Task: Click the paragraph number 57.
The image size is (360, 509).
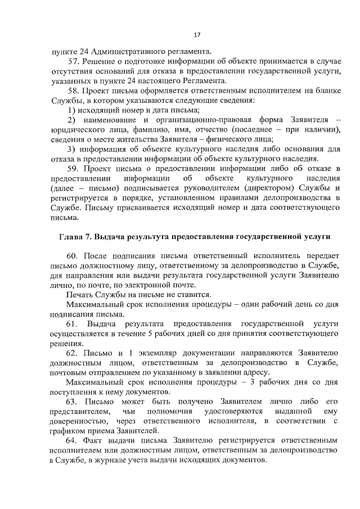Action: pyautogui.click(x=74, y=60)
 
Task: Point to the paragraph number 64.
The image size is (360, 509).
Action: pyautogui.click(x=73, y=439)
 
